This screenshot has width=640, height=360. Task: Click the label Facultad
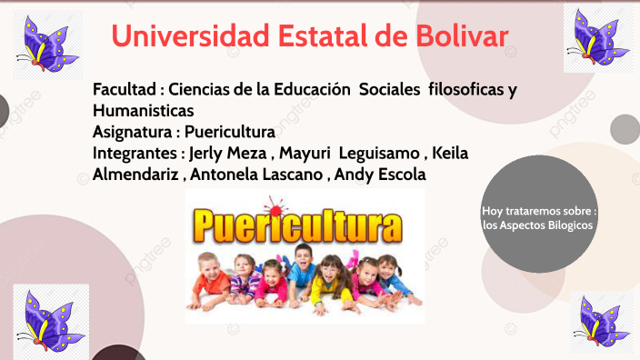point(124,90)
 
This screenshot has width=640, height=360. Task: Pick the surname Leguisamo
point(374,153)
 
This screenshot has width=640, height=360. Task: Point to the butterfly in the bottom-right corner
point(603,324)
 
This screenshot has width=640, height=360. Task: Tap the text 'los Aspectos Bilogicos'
point(538,224)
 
